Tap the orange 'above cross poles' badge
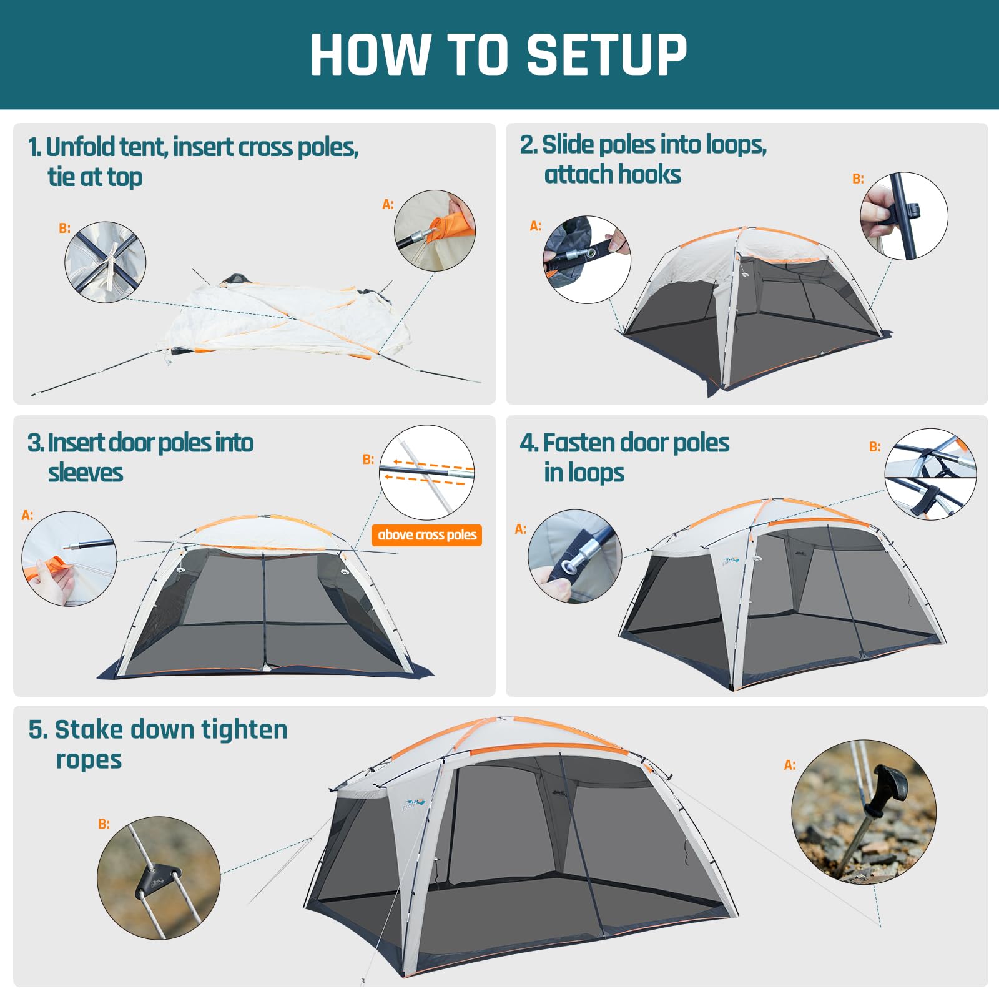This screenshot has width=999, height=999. (426, 535)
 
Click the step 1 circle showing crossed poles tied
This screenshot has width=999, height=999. (106, 262)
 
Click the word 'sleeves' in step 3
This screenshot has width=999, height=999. (86, 473)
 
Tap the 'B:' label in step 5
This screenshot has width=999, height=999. (104, 824)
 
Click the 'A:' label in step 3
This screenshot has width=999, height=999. (27, 515)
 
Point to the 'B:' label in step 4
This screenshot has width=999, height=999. (875, 446)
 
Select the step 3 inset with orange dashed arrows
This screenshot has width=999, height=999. (426, 473)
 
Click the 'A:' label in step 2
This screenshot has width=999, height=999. (535, 225)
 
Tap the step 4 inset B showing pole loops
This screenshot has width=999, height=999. (930, 474)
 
